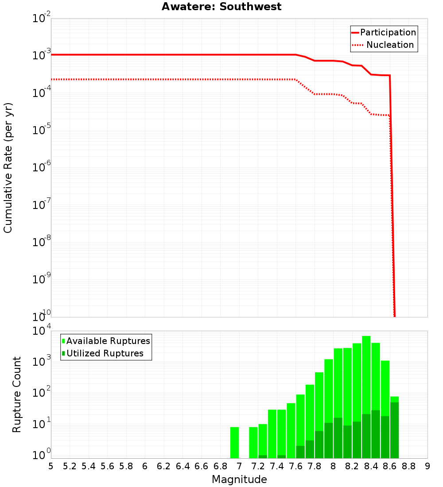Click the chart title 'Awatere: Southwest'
click(221, 7)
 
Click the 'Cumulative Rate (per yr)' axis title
click(8, 168)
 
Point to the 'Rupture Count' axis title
click(17, 394)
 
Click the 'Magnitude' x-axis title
click(239, 479)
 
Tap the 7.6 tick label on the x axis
click(295, 466)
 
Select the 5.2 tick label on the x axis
click(70, 466)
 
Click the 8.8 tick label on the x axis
click(408, 466)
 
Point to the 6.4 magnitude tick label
click(183, 466)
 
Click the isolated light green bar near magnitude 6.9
click(234, 442)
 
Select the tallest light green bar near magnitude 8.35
click(366, 376)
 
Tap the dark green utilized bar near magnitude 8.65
click(394, 429)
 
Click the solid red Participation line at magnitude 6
click(145, 54)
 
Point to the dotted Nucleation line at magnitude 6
click(145, 79)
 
